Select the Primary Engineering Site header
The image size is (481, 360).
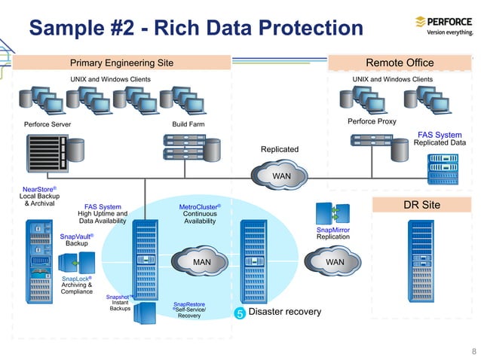[x=121, y=63]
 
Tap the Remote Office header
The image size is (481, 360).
[x=399, y=63]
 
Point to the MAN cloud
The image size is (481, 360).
[x=202, y=262]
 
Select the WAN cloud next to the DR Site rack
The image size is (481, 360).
[x=335, y=262]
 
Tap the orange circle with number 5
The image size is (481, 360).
[x=239, y=313]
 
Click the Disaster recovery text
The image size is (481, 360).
[x=284, y=312]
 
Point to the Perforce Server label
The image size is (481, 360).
[x=47, y=124]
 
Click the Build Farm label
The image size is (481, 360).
[x=188, y=124]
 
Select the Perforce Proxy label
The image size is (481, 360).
[x=372, y=121]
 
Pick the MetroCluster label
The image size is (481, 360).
[x=199, y=206]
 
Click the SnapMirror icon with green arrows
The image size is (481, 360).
[x=332, y=212]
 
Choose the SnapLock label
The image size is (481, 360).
[x=76, y=278]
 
